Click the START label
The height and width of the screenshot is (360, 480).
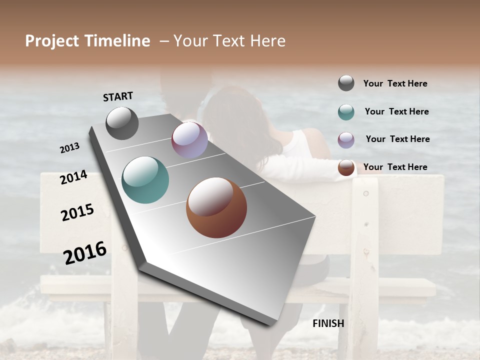coord(118,96)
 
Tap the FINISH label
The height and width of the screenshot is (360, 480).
coord(328,323)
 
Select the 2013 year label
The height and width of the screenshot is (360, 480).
coord(70,148)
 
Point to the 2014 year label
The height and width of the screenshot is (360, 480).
coord(74,177)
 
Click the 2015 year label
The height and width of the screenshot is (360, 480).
coord(77,212)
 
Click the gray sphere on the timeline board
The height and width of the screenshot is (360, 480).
coord(122,123)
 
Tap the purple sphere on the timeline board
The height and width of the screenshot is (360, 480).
coord(189,140)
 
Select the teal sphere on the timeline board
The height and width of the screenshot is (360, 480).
coord(145,180)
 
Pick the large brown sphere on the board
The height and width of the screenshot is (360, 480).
coord(216,207)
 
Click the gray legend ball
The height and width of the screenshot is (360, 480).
coord(346,83)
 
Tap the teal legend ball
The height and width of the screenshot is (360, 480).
coord(346,112)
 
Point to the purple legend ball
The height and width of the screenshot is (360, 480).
coord(346,140)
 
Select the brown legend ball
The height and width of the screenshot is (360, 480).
coord(346,167)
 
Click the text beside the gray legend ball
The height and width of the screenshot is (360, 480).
coord(395,83)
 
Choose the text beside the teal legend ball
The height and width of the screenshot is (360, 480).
coord(396,111)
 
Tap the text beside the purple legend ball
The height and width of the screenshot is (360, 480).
coord(397,139)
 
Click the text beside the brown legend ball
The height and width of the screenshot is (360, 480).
coord(395,167)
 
